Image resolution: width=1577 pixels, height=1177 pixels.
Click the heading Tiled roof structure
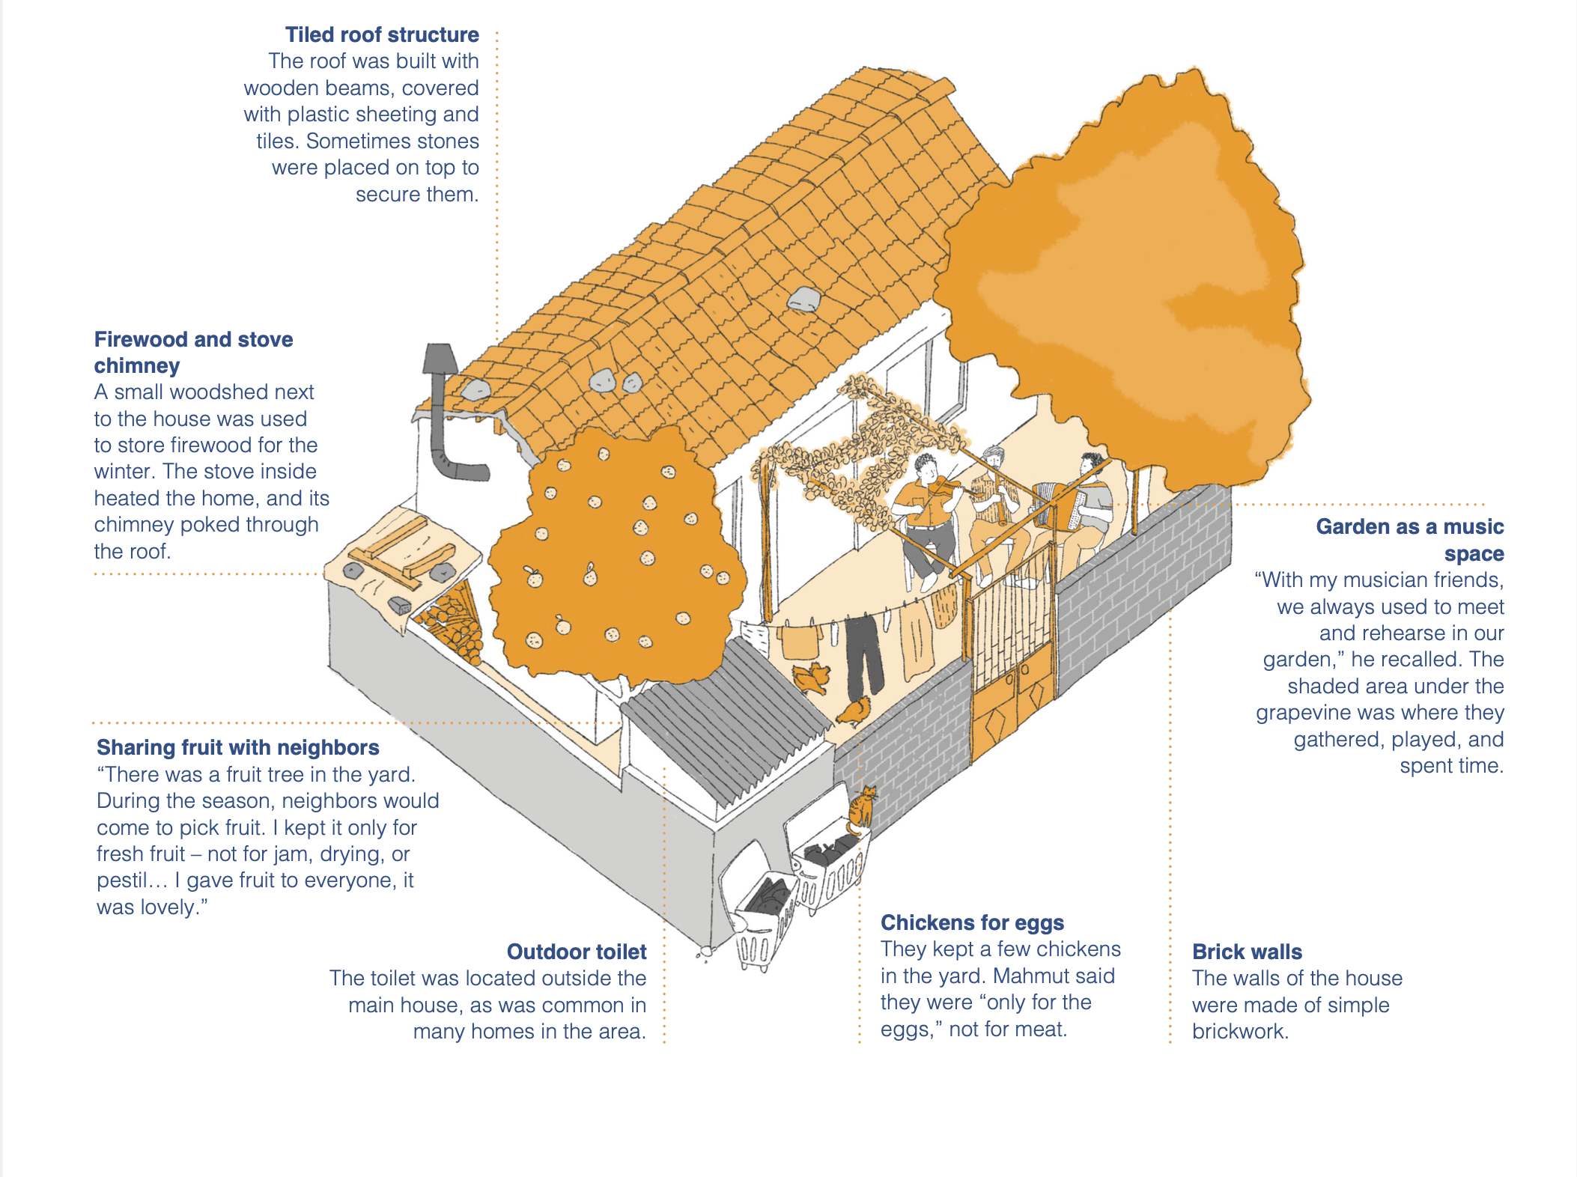click(x=382, y=35)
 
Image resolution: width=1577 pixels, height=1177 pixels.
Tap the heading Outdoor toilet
click(x=577, y=952)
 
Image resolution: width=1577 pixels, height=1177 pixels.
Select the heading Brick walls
click(x=1247, y=952)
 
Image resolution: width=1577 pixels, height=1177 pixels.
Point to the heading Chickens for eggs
click(x=972, y=922)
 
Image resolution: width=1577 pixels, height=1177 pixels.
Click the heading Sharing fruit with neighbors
click(x=237, y=747)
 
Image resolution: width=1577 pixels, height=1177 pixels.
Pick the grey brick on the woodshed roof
click(x=399, y=605)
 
